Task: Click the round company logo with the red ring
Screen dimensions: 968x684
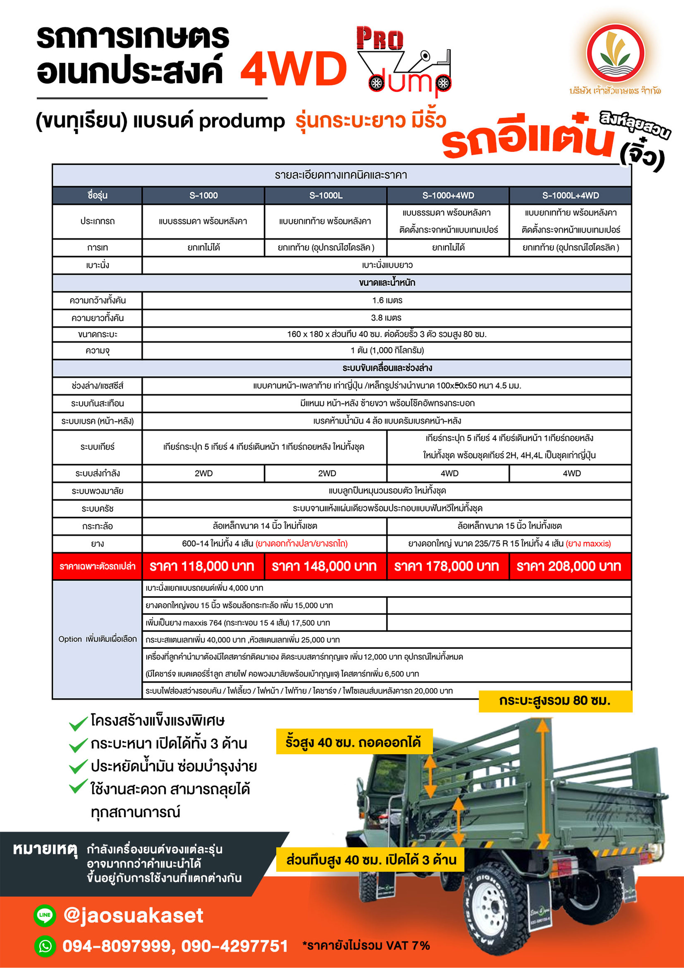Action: pos(615,54)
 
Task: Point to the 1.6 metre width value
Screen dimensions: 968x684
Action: pos(387,300)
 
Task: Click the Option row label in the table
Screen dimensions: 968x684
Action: pos(97,639)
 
